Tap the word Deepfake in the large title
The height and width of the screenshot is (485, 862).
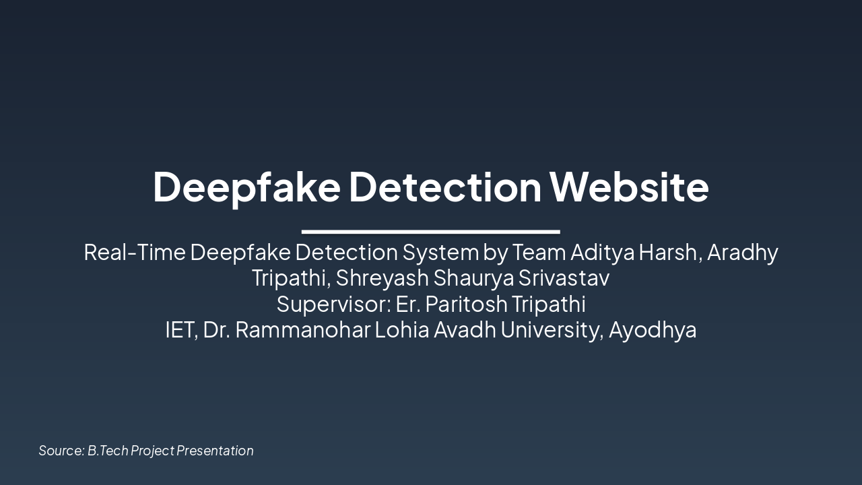(x=246, y=187)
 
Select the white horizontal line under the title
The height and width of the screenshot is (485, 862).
(x=431, y=232)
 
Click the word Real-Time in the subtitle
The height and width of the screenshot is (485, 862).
(x=135, y=252)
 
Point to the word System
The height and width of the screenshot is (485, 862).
(x=440, y=252)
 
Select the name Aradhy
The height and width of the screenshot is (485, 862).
(x=743, y=252)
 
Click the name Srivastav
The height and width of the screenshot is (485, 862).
(x=564, y=278)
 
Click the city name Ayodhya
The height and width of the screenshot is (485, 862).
(x=653, y=330)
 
